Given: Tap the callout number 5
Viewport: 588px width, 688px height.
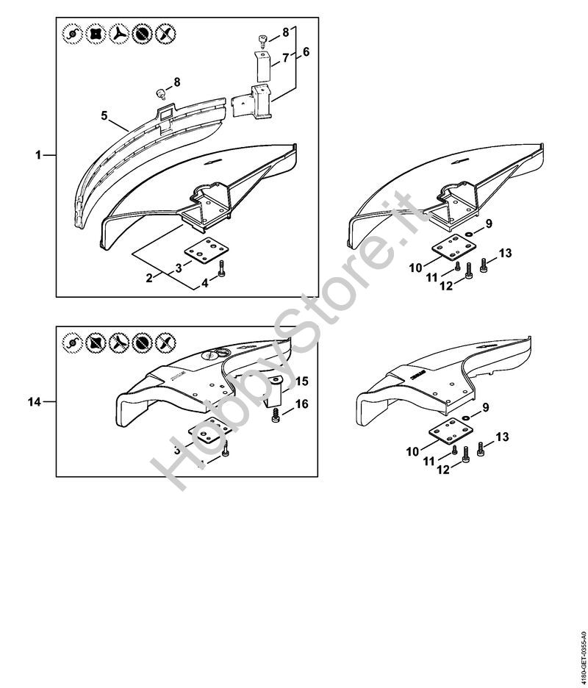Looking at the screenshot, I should click(x=104, y=115).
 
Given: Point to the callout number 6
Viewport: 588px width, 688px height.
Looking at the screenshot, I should click(x=306, y=52).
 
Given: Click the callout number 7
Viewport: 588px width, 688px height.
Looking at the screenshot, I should click(x=285, y=57).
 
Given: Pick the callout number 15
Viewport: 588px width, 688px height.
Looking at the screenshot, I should click(x=301, y=381).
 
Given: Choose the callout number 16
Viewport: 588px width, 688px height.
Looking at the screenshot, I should click(x=301, y=404).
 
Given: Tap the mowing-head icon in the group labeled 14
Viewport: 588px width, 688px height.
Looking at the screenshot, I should click(x=72, y=341).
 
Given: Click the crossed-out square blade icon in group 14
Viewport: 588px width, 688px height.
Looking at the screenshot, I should click(x=96, y=341).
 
